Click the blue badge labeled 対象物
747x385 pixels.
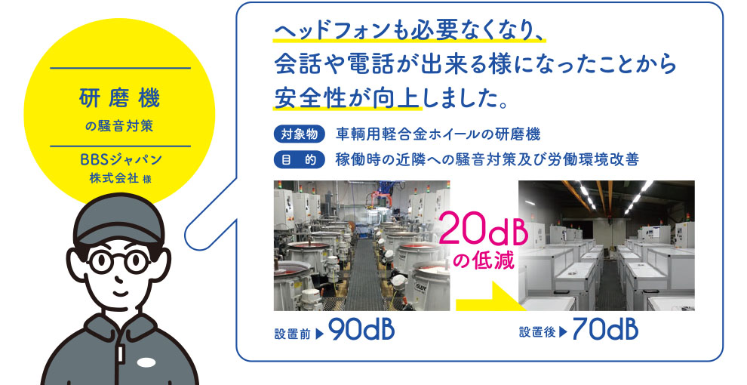(x=300, y=134)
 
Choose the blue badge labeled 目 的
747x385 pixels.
(x=300, y=159)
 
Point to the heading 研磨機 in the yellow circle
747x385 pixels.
(x=119, y=98)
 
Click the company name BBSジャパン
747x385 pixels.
(x=121, y=159)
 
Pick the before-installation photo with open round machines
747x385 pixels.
(x=361, y=245)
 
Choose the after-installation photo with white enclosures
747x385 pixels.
(x=606, y=245)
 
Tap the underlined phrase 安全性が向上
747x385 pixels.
(x=346, y=97)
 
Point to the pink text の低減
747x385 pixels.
(x=483, y=260)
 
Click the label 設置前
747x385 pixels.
(x=293, y=333)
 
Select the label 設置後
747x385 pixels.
(x=537, y=332)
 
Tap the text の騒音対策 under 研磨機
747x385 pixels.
(x=119, y=127)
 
